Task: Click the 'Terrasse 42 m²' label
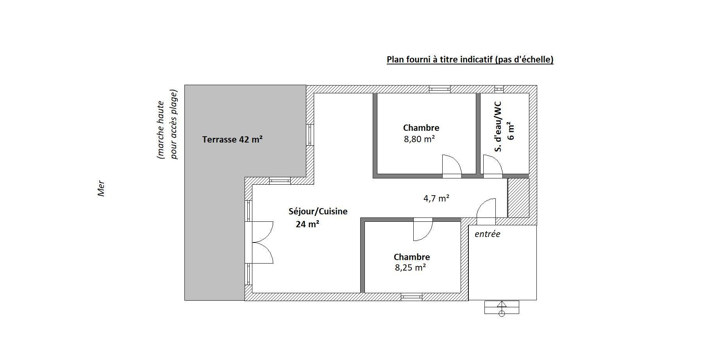coord(232,139)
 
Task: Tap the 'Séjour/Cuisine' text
coord(318,212)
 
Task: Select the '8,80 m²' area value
coord(420,139)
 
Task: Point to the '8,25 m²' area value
coord(410,268)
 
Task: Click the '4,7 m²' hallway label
coord(436,198)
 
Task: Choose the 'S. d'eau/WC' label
coord(497,127)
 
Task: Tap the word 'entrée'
coord(487,234)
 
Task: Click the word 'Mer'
coord(101,188)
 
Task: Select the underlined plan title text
coord(470,59)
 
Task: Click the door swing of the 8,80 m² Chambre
coord(452,166)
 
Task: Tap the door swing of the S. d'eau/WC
coord(493,166)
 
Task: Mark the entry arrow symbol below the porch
coord(502,308)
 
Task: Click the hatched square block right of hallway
coord(518,198)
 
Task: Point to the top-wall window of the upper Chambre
coord(440,89)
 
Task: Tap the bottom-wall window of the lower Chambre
coord(412,297)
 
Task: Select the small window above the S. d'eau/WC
coord(499,89)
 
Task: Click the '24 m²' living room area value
coord(307,224)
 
